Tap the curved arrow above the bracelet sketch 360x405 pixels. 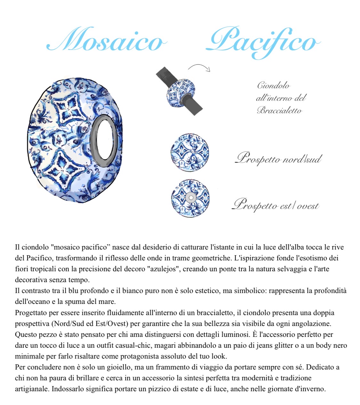[199, 67]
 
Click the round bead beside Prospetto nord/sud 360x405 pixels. [189, 152]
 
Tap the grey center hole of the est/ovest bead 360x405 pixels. [191, 198]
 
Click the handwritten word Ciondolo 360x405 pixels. [273, 85]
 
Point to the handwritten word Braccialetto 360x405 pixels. [279, 111]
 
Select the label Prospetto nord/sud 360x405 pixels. [278, 158]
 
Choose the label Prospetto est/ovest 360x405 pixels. [276, 205]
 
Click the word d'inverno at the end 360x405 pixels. [311, 389]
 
